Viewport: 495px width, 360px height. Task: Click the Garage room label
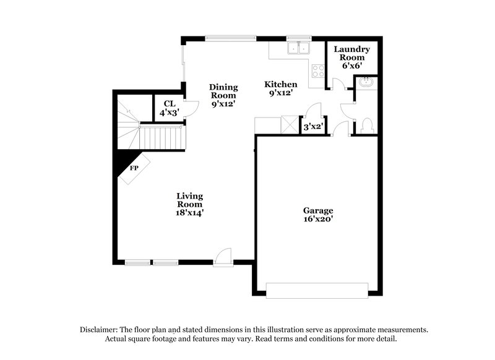pyautogui.click(x=318, y=210)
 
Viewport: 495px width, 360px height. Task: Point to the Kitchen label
pyautogui.click(x=281, y=84)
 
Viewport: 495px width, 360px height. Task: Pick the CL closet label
pyautogui.click(x=170, y=104)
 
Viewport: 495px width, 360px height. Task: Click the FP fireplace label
pyautogui.click(x=134, y=168)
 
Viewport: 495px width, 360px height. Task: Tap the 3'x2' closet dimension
pyautogui.click(x=311, y=127)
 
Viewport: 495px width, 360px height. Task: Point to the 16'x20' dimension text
pyautogui.click(x=318, y=219)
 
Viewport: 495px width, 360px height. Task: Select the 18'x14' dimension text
pyautogui.click(x=190, y=213)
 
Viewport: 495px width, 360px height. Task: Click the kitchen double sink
pyautogui.click(x=299, y=48)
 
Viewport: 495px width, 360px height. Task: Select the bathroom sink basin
pyautogui.click(x=366, y=82)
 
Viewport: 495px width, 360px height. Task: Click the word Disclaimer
pyautogui.click(x=99, y=330)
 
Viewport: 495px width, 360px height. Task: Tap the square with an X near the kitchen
pyautogui.click(x=289, y=124)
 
